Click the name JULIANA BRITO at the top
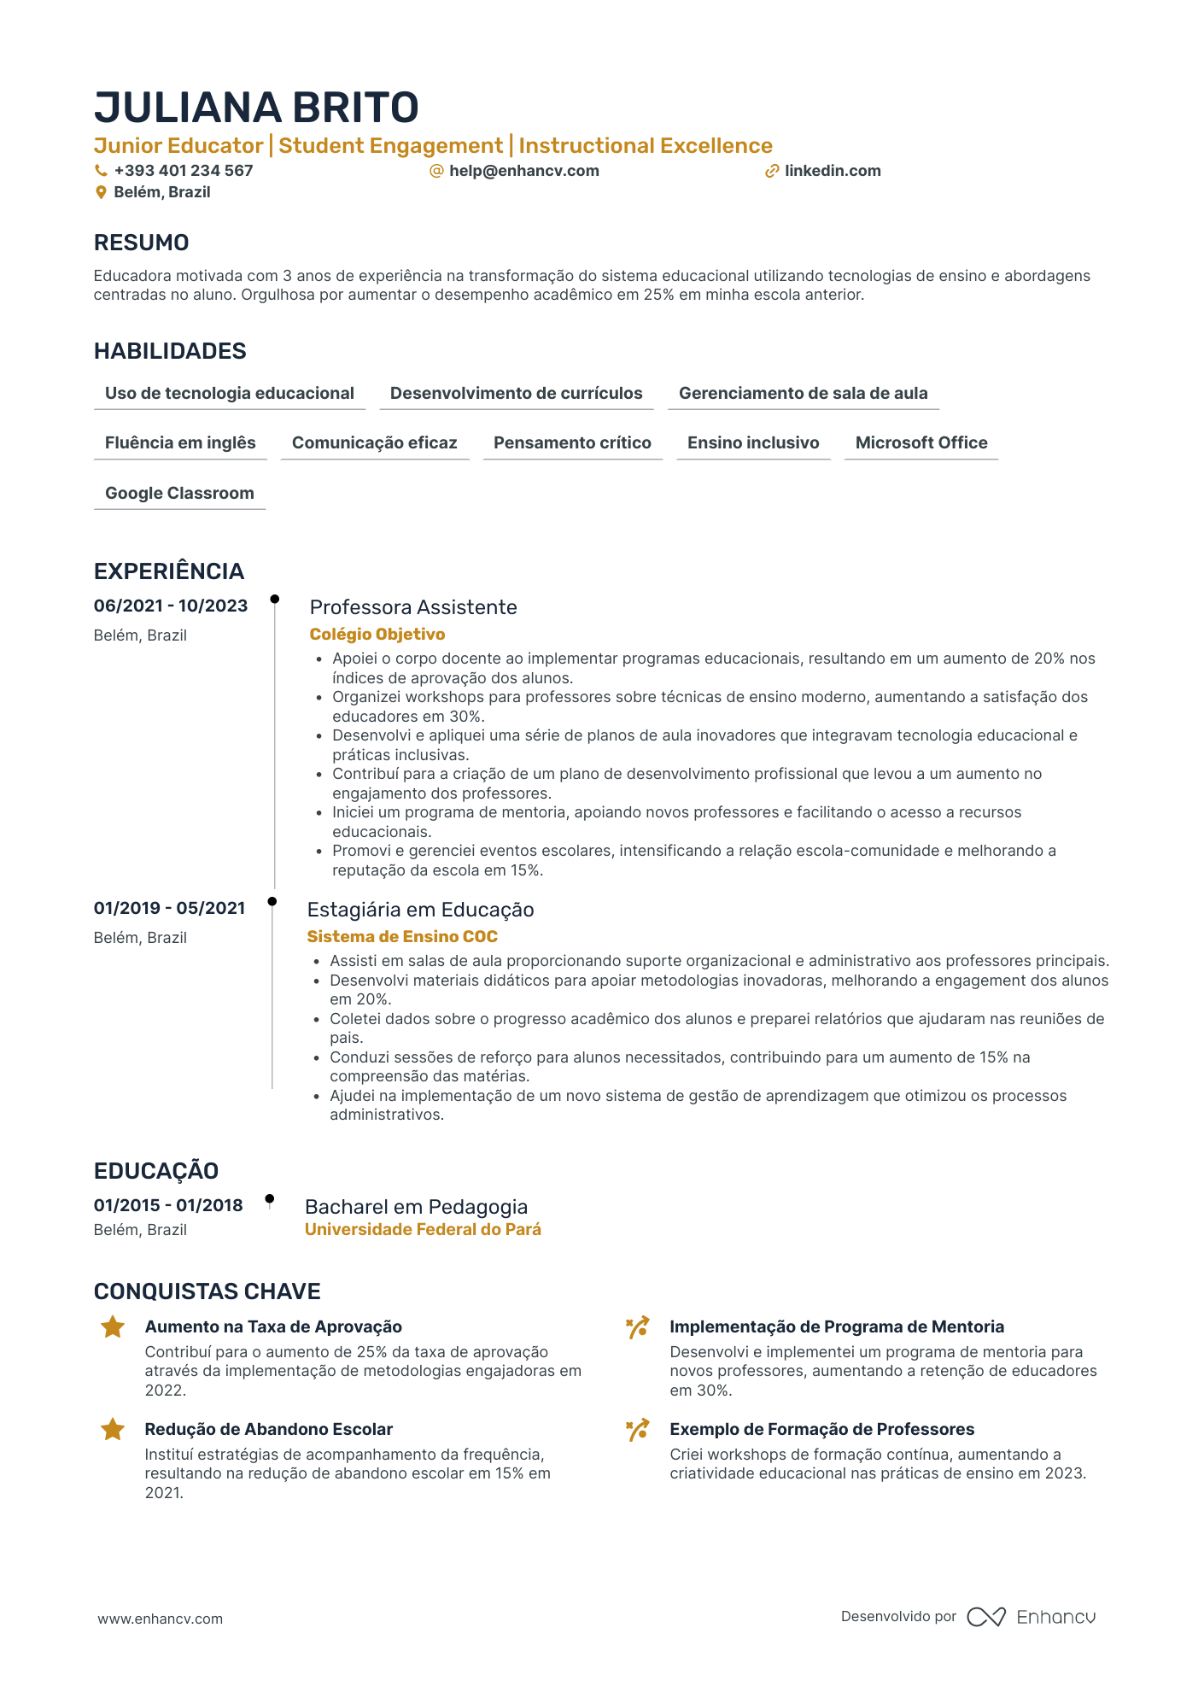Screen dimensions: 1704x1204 (256, 108)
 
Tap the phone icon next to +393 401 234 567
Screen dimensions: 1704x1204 (101, 171)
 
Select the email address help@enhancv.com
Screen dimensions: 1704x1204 (523, 171)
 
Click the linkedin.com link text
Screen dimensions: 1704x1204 (833, 171)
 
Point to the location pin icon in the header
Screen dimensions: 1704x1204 (101, 193)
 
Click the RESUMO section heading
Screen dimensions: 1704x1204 (141, 243)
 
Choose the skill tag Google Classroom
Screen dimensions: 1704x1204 (179, 494)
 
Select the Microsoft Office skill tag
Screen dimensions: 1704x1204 (921, 443)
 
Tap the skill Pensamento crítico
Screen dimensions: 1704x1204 (572, 443)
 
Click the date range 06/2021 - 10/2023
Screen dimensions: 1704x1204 (171, 606)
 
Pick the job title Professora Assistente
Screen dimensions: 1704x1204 (413, 607)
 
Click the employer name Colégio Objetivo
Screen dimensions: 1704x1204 (377, 635)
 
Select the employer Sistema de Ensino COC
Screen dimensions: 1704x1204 (402, 937)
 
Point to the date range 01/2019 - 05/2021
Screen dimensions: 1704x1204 (169, 909)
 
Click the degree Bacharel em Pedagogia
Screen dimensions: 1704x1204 (416, 1207)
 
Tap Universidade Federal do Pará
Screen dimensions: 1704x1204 (423, 1230)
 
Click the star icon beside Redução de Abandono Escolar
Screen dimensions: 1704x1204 (113, 1430)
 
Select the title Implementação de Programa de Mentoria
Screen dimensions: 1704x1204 (836, 1327)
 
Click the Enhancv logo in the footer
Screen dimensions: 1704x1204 (1031, 1617)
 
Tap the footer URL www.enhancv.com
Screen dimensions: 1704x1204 (160, 1619)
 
